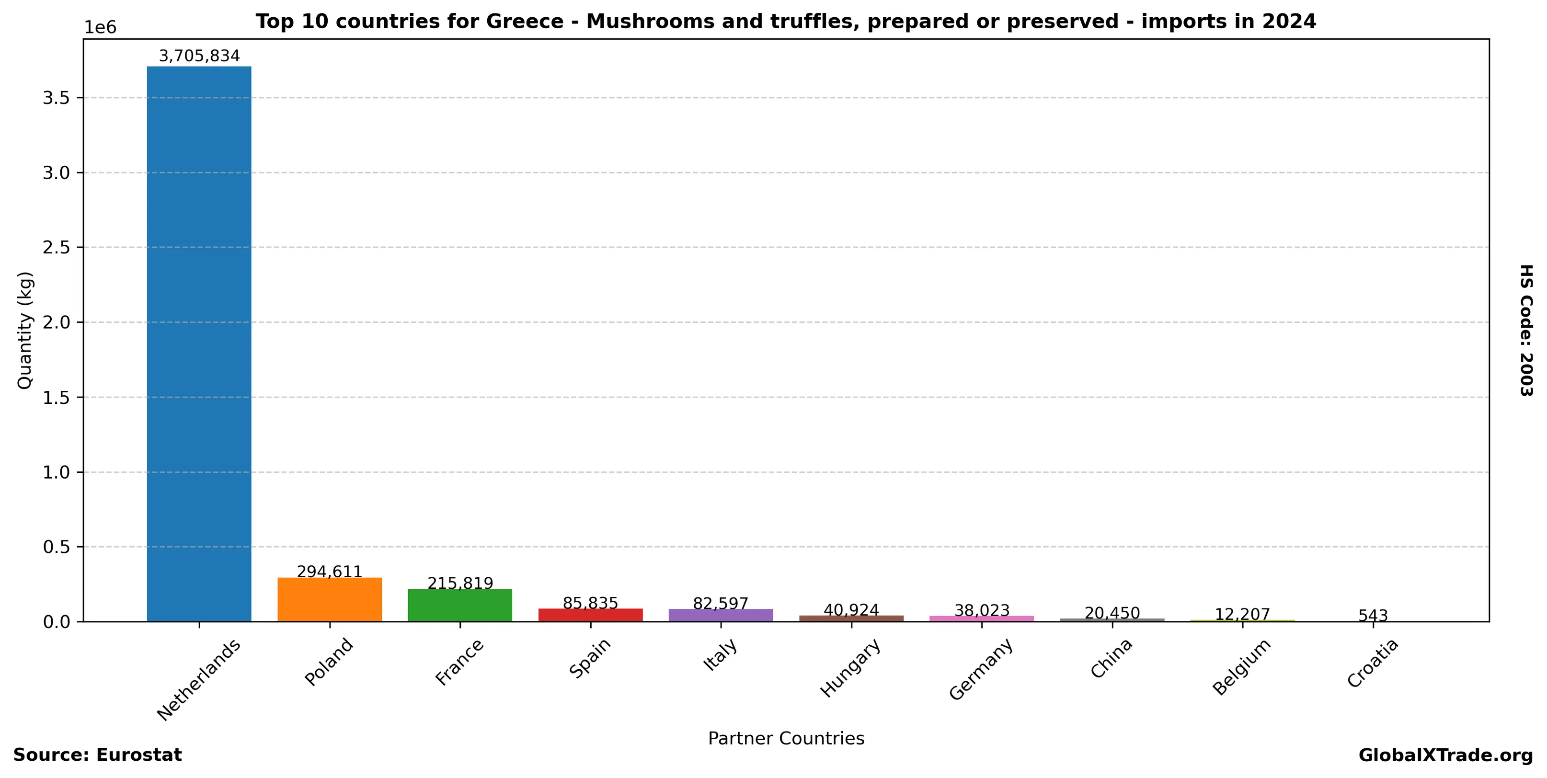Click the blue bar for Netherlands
[199, 343]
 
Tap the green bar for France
[459, 605]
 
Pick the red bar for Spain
[590, 615]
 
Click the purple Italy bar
[721, 615]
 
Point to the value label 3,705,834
[199, 56]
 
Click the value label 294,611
[329, 572]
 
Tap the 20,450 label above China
[1112, 613]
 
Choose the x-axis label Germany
[981, 668]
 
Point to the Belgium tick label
[1242, 666]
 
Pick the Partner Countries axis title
[786, 738]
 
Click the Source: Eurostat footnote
[97, 755]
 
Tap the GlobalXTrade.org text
[1445, 755]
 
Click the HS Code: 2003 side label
[1526, 330]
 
